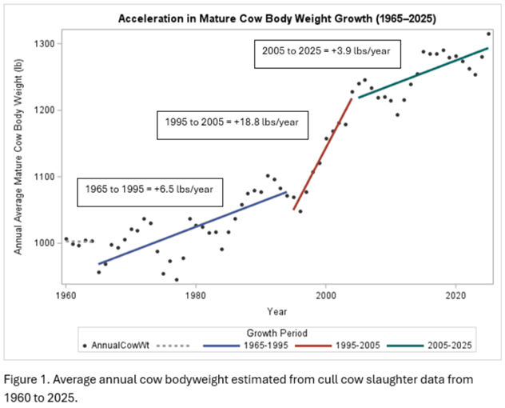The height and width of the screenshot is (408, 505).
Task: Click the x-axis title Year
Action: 277,310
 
